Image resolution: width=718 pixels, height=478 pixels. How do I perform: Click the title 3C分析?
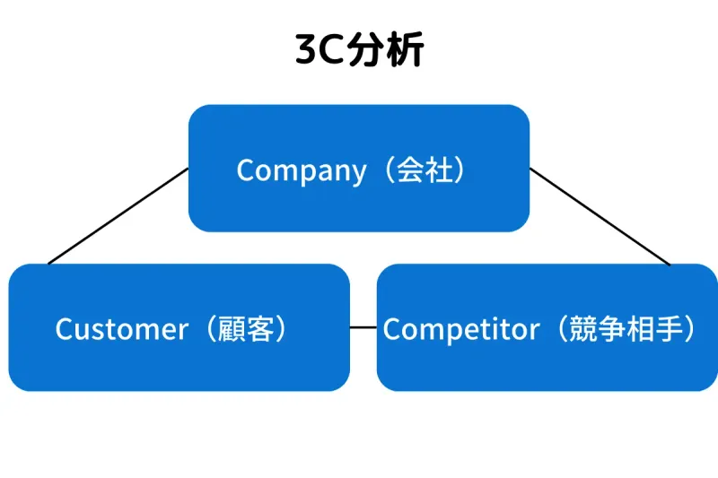359,50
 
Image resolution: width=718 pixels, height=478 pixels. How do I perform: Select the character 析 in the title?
406,51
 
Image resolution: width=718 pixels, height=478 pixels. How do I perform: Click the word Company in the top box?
301,170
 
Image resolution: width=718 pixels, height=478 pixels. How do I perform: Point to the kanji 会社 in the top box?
425,169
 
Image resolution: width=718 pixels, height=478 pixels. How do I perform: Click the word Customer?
121,329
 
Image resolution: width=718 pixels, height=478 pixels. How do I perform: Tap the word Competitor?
460,329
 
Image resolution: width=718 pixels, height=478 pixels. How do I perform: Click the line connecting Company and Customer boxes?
117,216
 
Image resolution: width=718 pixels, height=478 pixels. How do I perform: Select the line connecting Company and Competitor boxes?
600,216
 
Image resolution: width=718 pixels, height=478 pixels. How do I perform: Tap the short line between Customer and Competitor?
363,327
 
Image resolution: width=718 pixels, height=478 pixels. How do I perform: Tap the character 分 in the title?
369,51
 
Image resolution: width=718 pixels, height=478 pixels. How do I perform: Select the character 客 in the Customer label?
260,329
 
